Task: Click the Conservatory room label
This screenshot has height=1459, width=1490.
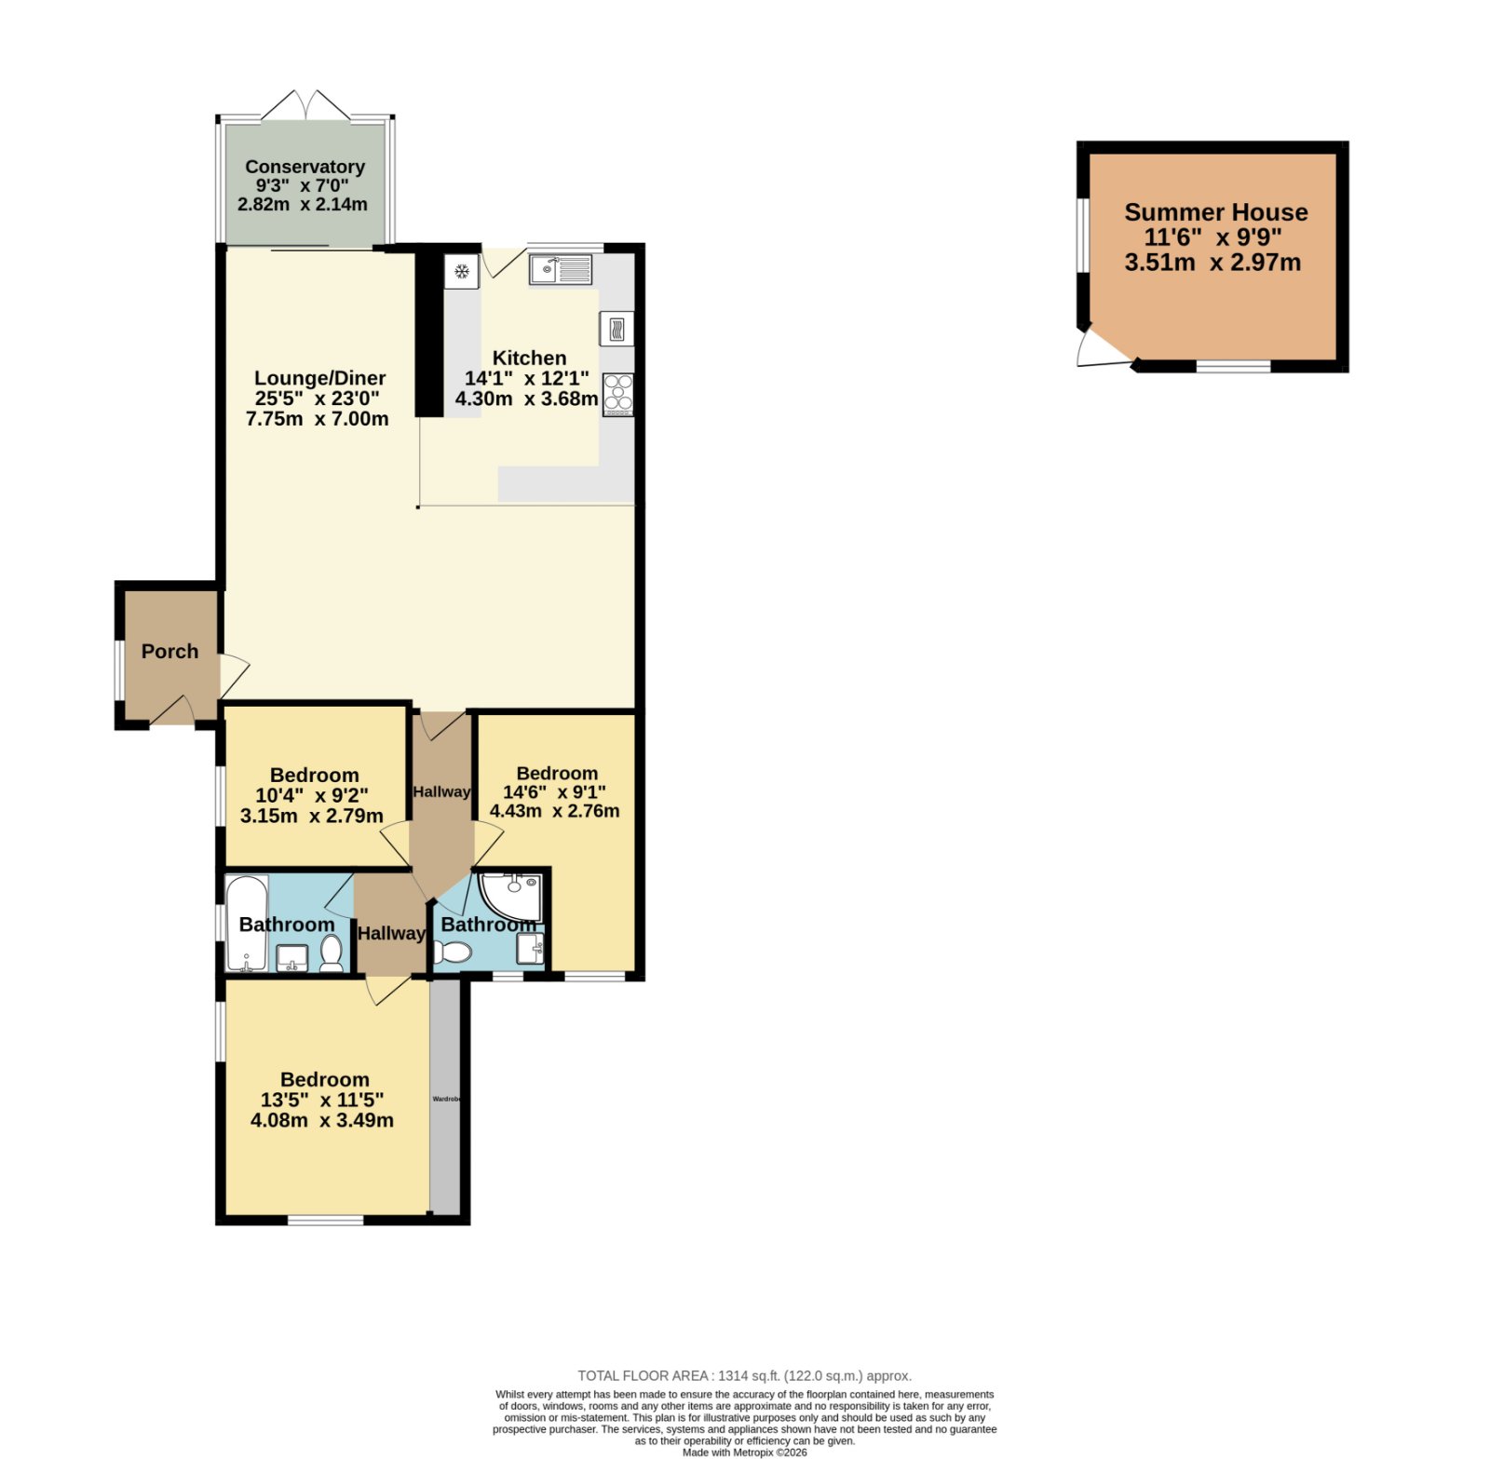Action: (305, 167)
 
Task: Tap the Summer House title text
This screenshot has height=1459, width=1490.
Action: (1215, 212)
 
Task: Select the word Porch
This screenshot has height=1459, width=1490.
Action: (169, 652)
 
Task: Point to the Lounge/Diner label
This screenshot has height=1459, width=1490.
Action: (319, 378)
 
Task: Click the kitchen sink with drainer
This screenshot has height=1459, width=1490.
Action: (561, 270)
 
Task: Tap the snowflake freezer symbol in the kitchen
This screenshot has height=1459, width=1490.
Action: (461, 271)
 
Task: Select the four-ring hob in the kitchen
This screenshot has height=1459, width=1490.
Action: (617, 394)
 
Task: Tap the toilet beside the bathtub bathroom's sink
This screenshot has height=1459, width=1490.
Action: (332, 954)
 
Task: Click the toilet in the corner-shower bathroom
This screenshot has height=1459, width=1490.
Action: (453, 952)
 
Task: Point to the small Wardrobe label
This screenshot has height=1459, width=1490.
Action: (446, 1099)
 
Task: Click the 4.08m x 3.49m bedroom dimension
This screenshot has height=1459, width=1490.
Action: (322, 1120)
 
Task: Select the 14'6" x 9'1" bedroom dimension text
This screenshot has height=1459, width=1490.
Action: (554, 792)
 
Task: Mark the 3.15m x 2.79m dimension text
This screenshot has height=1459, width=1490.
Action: (312, 817)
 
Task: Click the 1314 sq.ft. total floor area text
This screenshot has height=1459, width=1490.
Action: (744, 1375)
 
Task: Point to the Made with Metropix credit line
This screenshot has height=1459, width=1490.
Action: (744, 1452)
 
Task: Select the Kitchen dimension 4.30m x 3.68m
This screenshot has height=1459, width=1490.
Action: (526, 399)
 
